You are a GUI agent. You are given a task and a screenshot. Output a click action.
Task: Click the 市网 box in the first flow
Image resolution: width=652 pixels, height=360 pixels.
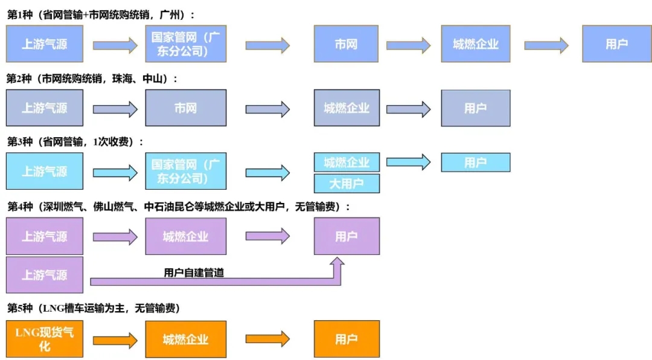pos(346,43)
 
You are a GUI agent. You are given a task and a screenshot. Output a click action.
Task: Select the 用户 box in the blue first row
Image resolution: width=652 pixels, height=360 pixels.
pos(616,43)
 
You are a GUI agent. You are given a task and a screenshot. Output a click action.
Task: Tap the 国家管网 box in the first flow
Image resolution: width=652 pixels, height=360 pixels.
pos(185,43)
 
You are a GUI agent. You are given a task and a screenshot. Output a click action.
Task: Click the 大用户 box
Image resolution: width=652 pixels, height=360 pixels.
pos(347,183)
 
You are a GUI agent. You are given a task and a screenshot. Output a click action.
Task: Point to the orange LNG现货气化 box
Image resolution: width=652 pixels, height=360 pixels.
pos(45,339)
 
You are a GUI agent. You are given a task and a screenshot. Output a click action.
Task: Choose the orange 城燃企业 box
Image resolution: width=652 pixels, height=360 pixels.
pos(185,339)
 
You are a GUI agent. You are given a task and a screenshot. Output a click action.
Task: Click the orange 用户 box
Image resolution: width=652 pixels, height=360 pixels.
pos(347,339)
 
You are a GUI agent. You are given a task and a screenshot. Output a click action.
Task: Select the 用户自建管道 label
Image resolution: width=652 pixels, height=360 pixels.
pos(194,273)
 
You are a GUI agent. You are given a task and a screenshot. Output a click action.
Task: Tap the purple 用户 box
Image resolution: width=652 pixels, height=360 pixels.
pos(347,236)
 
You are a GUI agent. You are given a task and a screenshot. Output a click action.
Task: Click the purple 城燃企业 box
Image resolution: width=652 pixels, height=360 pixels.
pos(185,236)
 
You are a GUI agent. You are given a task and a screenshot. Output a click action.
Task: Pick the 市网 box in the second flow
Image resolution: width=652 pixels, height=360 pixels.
pos(185,108)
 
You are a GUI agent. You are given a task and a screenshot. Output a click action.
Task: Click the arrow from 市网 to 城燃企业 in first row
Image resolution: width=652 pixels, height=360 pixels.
pos(408,45)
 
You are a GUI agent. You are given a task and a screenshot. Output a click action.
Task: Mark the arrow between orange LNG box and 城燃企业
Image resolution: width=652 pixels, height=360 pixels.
pos(115,339)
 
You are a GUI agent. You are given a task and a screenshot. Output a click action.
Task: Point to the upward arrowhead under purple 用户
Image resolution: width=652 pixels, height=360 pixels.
pos(337,263)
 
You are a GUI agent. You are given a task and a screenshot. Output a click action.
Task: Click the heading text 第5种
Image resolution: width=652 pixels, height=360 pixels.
pos(21,309)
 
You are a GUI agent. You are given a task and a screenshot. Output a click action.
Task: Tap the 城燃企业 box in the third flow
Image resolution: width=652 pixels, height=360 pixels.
pos(347,162)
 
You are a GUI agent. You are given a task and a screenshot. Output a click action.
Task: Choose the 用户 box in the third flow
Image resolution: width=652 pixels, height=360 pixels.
pos(475,162)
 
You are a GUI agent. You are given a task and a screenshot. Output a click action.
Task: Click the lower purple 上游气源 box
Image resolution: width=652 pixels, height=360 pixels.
pos(45,275)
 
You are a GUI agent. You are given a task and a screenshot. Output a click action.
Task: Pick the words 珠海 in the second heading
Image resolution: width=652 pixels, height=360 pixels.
pos(123,79)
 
